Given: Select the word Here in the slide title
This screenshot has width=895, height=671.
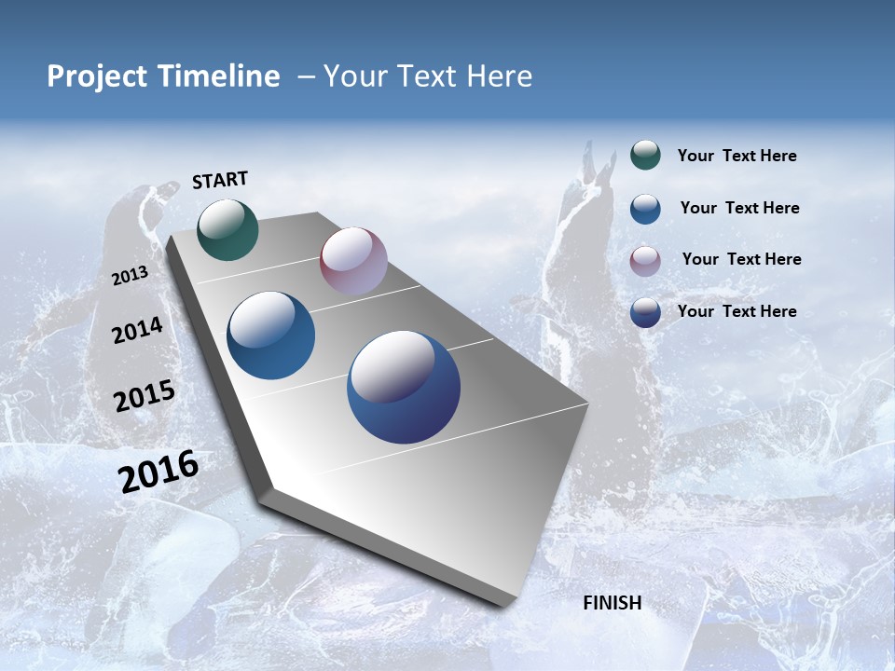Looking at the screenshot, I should click(x=499, y=76).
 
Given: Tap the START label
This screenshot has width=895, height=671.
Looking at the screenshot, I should click(x=220, y=180).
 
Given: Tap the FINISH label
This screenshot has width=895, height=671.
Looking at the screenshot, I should click(x=613, y=603).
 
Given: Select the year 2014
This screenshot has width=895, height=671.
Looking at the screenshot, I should click(x=137, y=330).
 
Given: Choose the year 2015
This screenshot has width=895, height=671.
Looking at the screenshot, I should click(x=145, y=396).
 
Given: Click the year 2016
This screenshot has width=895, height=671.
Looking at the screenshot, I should click(x=158, y=472).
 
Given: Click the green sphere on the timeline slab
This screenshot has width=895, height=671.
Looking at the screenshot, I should click(x=228, y=229).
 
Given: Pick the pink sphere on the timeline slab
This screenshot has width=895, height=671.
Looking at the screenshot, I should click(x=353, y=261).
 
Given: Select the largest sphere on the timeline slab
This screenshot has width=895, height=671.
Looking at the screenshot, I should click(x=404, y=387).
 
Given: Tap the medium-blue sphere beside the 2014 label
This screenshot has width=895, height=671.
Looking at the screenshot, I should click(x=271, y=335).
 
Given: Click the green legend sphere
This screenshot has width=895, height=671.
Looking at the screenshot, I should click(x=645, y=155).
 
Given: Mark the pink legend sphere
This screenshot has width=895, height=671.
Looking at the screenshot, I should click(x=645, y=260).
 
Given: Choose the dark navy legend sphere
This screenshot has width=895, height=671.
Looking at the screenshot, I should click(x=645, y=312).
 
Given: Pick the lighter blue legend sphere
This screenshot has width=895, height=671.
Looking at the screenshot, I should click(x=645, y=208).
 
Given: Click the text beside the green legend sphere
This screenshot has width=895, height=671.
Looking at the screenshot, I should click(x=737, y=156).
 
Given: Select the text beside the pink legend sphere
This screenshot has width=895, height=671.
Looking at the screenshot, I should click(x=741, y=259).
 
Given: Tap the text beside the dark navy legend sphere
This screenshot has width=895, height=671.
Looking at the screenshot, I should click(x=737, y=311).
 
